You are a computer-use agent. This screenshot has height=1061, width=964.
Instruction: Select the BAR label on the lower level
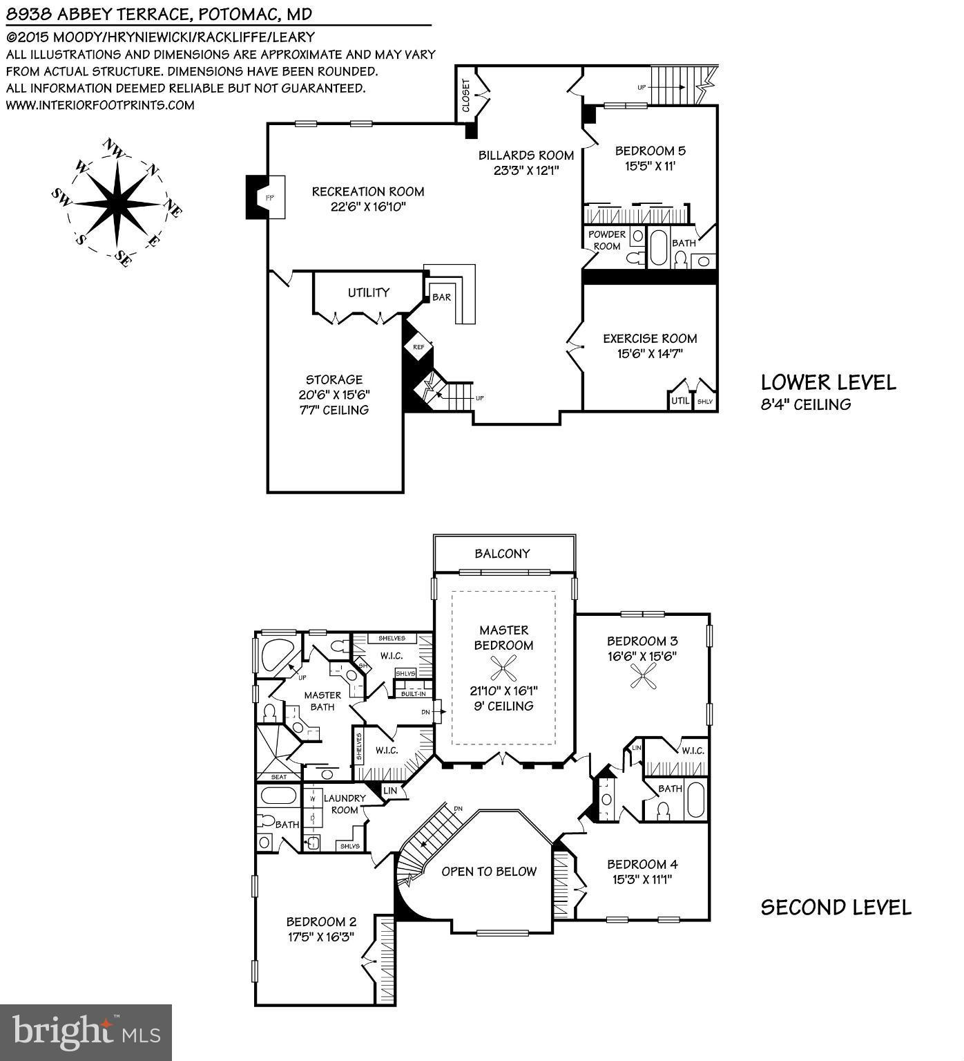pyautogui.click(x=441, y=297)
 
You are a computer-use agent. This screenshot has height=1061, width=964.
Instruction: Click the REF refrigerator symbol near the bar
pyautogui.click(x=418, y=347)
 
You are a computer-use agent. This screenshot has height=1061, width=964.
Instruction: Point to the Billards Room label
pyautogui.click(x=526, y=155)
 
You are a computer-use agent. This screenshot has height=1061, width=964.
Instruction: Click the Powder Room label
pyautogui.click(x=606, y=240)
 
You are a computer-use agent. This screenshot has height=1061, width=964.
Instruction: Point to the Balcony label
pyautogui.click(x=502, y=554)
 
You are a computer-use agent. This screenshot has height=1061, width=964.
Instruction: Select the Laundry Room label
pyautogui.click(x=344, y=804)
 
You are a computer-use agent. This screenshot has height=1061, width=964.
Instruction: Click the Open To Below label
pyautogui.click(x=489, y=872)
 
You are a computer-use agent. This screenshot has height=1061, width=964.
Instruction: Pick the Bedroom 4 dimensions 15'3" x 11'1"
pyautogui.click(x=642, y=879)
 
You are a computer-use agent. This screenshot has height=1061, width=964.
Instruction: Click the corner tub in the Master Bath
pyautogui.click(x=273, y=653)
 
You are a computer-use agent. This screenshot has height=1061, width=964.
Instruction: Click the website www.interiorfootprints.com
pyautogui.click(x=100, y=105)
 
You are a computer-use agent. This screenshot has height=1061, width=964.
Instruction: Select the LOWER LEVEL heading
pyautogui.click(x=828, y=382)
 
